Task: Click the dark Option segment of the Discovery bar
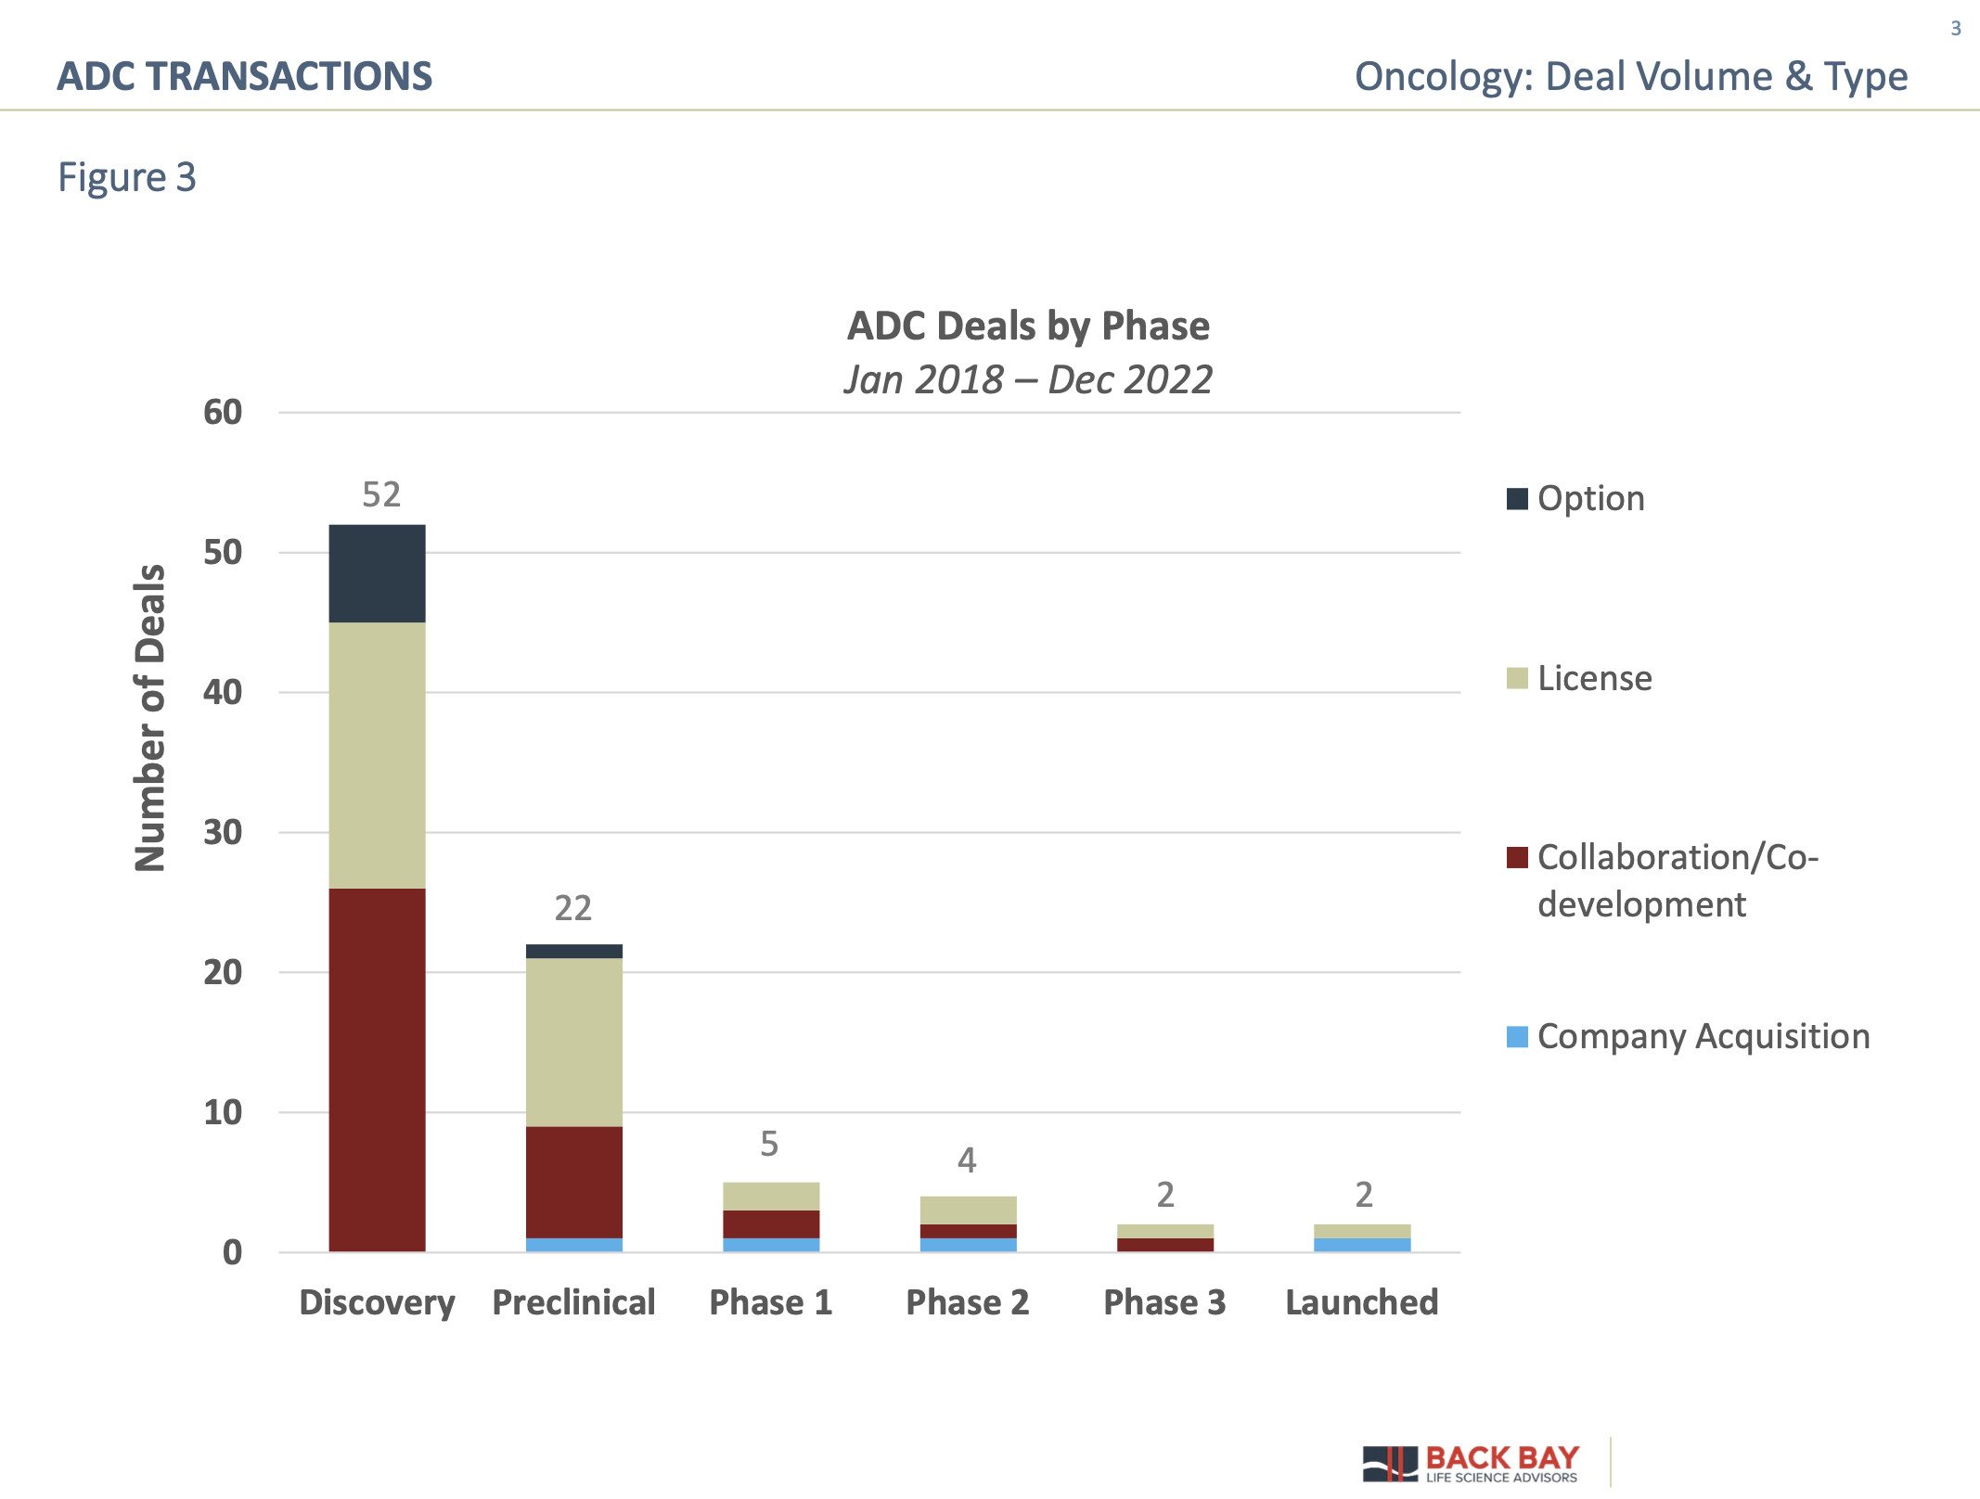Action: tap(377, 573)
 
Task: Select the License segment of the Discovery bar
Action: tap(377, 755)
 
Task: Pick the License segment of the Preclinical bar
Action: tap(573, 1042)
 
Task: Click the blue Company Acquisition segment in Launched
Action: tap(1361, 1245)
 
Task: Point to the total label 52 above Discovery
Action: tap(381, 494)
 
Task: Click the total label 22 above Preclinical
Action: tap(572, 908)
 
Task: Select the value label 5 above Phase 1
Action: tap(769, 1144)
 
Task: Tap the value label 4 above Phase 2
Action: tap(967, 1159)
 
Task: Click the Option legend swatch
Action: tap(1517, 499)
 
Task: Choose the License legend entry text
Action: tap(1594, 678)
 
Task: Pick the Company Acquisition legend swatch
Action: tap(1517, 1037)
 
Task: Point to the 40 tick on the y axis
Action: tap(223, 692)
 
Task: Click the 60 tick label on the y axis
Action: tap(223, 412)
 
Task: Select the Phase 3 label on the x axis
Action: tap(1164, 1302)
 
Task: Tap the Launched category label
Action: tap(1361, 1302)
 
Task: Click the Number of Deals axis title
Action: tap(150, 718)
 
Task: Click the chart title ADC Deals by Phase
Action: tap(1028, 327)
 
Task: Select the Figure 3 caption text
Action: tap(127, 177)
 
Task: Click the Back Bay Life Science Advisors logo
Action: tap(1471, 1463)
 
